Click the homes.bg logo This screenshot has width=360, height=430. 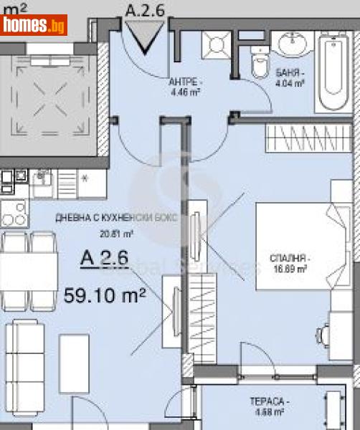[x=34, y=25]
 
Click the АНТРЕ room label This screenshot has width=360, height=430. [x=184, y=82]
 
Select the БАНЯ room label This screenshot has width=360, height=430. [x=290, y=73]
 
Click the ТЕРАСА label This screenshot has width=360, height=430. [x=270, y=402]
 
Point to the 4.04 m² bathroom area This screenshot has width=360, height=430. [x=290, y=83]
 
